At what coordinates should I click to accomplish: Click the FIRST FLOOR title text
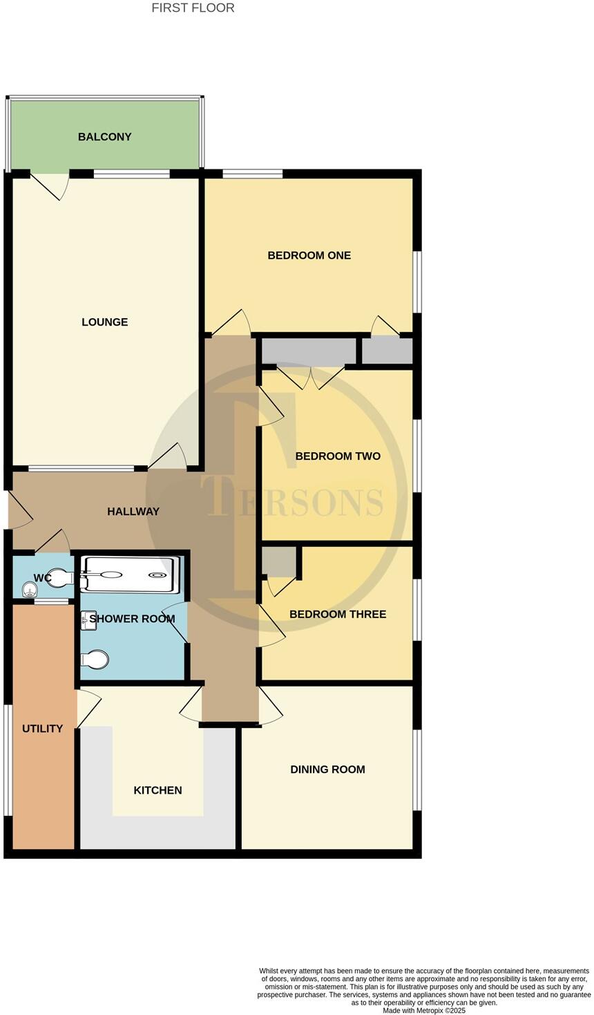(x=193, y=8)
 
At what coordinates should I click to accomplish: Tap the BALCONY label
(x=104, y=137)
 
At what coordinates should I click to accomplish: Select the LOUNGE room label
(x=104, y=322)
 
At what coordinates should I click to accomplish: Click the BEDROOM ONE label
(x=309, y=256)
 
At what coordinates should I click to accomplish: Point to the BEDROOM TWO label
(x=338, y=456)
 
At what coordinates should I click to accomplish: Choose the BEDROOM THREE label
(x=338, y=614)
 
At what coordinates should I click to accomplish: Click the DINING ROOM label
(x=327, y=770)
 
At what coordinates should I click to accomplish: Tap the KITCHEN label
(x=157, y=790)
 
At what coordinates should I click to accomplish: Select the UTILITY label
(x=42, y=729)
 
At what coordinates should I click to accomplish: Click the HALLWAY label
(x=133, y=512)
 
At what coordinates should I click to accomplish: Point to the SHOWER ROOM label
(x=132, y=619)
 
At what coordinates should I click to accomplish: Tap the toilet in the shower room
(x=94, y=660)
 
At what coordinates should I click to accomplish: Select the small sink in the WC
(x=29, y=590)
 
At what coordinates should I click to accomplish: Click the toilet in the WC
(x=61, y=577)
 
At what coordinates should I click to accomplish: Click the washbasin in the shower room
(x=88, y=620)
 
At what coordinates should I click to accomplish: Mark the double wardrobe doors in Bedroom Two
(x=311, y=378)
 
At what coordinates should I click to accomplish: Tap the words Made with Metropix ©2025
(x=424, y=1010)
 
